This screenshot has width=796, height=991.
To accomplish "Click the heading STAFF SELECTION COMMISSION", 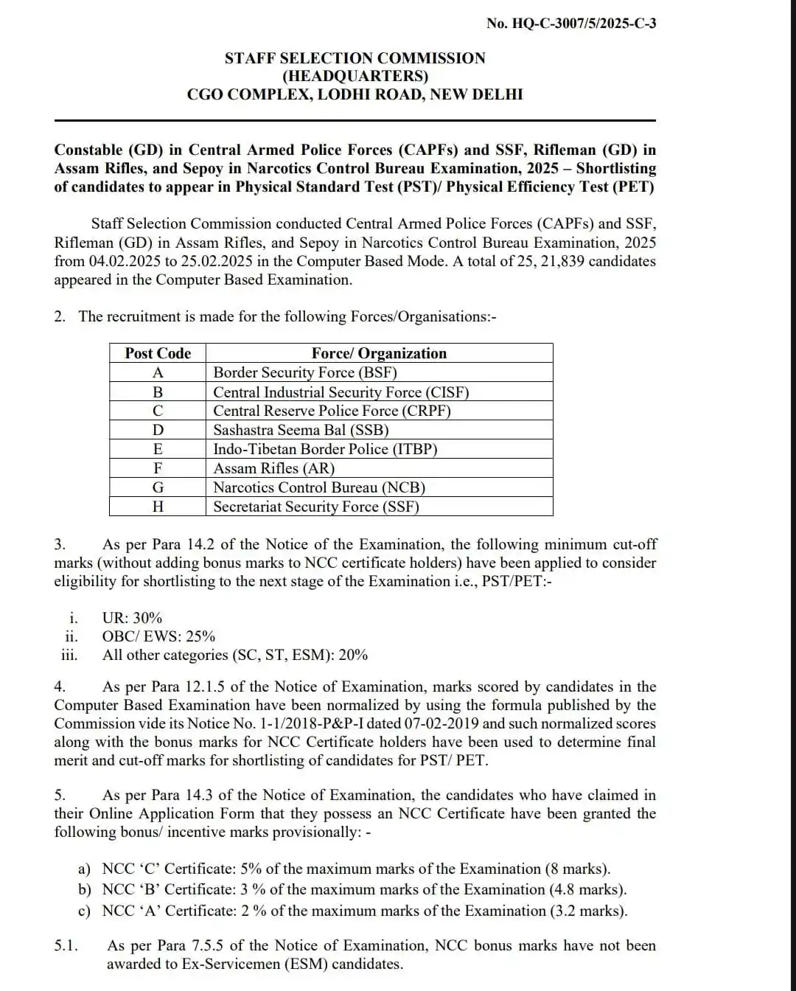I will click(x=355, y=58).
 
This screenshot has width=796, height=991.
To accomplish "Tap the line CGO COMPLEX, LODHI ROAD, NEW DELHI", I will click(x=355, y=94).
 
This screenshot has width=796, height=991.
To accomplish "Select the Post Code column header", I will click(x=158, y=353).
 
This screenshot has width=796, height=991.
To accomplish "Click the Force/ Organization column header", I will click(x=379, y=353).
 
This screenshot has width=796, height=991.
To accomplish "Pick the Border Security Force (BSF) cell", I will click(x=304, y=372).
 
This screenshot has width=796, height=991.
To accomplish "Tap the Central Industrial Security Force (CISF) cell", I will click(x=341, y=392).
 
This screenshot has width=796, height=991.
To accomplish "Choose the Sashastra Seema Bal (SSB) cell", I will click(x=301, y=430).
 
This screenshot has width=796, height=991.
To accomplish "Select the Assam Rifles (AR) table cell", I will click(x=273, y=468).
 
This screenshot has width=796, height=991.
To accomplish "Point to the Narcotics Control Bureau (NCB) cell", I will click(x=319, y=487).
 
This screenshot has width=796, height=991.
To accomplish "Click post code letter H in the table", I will click(x=158, y=507).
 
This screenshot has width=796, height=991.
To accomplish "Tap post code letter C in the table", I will click(x=158, y=411).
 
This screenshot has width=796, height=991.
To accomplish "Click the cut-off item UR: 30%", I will click(x=132, y=618).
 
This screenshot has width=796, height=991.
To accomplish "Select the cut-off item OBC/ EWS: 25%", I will click(x=158, y=636).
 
